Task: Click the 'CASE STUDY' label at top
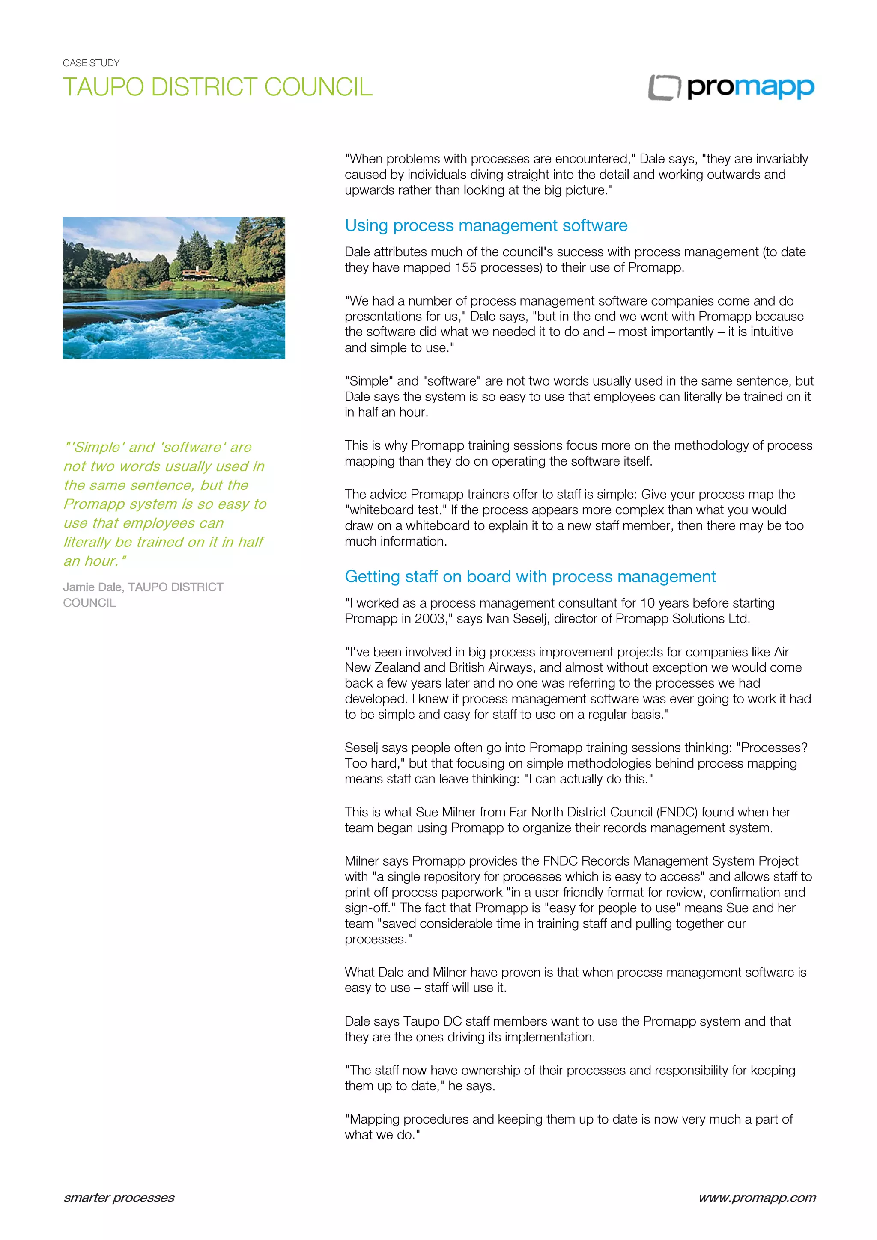coord(91,63)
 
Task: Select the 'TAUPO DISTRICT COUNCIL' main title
coord(217,87)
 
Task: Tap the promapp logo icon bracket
coord(664,87)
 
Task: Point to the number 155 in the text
coord(465,268)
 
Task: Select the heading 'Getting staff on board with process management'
coord(530,576)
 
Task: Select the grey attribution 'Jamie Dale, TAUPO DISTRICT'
coord(143,587)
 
